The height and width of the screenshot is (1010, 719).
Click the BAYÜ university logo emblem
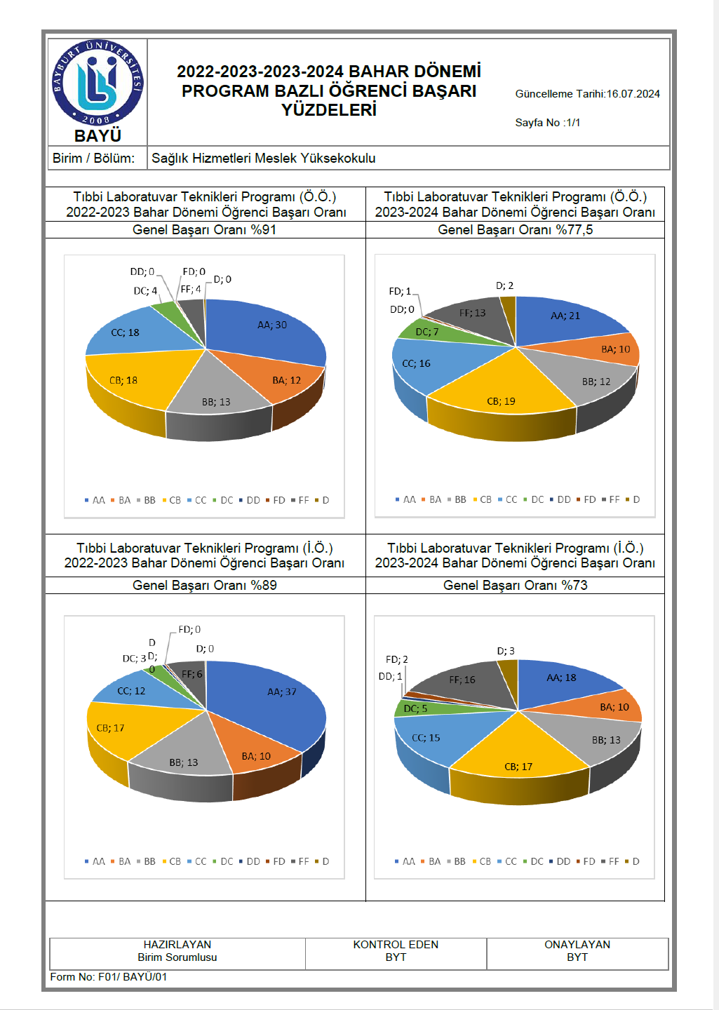coord(98,83)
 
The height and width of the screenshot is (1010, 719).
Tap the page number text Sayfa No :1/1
coord(547,123)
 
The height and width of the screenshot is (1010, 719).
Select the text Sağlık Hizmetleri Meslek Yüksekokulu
coord(264,159)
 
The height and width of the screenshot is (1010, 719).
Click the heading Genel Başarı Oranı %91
coord(204,230)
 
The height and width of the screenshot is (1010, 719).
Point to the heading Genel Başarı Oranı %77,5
coord(515,230)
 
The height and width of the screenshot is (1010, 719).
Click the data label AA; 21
coord(565,316)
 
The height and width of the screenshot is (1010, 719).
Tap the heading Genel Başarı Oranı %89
coord(204,586)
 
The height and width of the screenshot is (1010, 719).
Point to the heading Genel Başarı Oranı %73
coord(515,586)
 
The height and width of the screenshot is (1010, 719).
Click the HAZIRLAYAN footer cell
coord(177,951)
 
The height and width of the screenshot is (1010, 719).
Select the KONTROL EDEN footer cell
coord(396,951)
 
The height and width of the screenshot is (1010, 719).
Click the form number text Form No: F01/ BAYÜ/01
coord(109,977)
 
